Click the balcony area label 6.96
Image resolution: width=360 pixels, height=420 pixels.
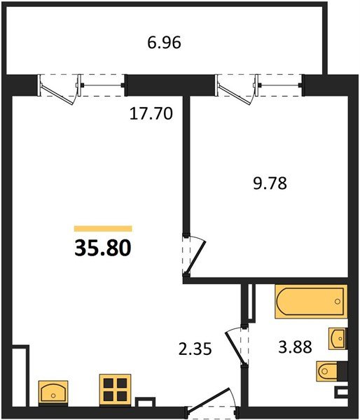(164, 43)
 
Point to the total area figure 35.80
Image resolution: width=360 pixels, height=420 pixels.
(102, 248)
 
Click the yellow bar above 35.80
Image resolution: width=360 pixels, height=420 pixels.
(103, 228)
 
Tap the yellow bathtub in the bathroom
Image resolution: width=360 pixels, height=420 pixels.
(310, 302)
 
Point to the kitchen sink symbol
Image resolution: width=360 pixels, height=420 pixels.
(53, 392)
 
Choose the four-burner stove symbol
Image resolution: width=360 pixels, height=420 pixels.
(115, 390)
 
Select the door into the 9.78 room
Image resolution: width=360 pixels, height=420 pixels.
(193, 256)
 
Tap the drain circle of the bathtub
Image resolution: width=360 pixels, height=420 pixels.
(338, 302)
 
